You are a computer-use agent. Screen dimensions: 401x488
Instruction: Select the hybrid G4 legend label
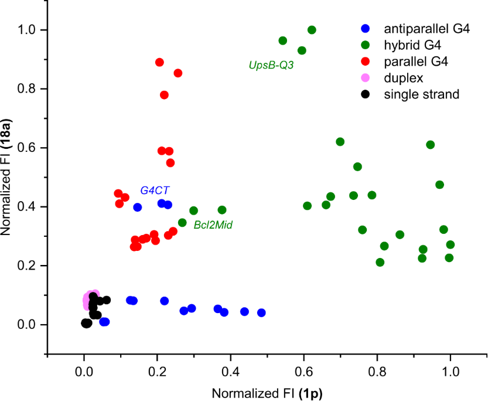pyautogui.click(x=412, y=44)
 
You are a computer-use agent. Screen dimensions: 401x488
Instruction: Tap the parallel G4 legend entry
pyautogui.click(x=415, y=60)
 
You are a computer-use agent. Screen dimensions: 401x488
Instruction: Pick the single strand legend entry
pyautogui.click(x=421, y=93)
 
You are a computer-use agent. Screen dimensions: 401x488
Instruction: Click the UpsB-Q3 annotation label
pyautogui.click(x=271, y=66)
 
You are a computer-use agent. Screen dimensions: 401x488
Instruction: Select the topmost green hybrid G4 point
pyautogui.click(x=312, y=30)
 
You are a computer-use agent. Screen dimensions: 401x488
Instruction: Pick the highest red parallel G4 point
pyautogui.click(x=159, y=62)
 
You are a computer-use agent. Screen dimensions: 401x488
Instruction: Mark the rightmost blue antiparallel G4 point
pyautogui.click(x=261, y=312)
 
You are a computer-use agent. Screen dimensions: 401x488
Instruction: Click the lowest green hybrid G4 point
pyautogui.click(x=380, y=262)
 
